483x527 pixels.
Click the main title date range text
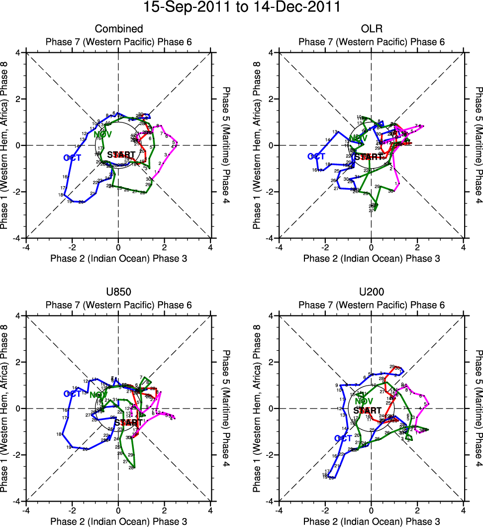(x=242, y=7)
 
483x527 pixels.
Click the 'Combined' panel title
(x=118, y=29)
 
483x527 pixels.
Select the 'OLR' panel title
(x=371, y=29)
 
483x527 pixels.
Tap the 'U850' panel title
(x=118, y=292)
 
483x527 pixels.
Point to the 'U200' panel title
(x=371, y=292)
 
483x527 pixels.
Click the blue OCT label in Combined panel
(x=72, y=158)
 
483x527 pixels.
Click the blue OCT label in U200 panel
(x=343, y=438)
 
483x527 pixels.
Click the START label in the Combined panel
(x=121, y=155)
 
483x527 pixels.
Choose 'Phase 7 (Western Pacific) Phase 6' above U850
(x=118, y=305)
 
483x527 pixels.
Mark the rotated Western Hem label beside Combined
(x=4, y=145)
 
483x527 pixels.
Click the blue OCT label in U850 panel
(x=72, y=394)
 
